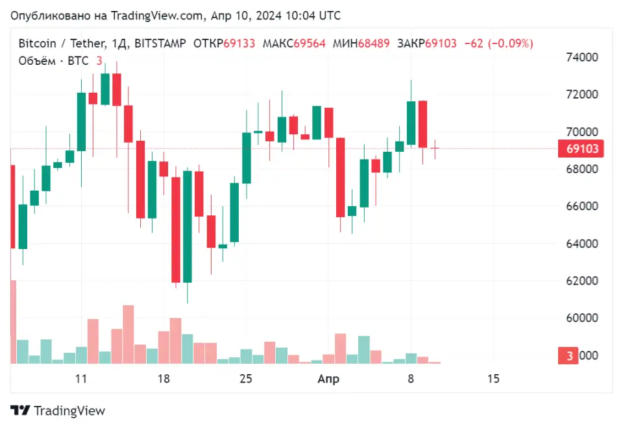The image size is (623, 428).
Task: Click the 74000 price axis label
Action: coord(580,57)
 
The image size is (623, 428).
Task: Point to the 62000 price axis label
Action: coord(580,281)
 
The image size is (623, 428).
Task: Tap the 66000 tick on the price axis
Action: coord(580,206)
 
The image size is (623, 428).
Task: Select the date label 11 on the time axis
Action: coord(81,379)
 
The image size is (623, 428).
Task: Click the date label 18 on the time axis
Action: coord(164,379)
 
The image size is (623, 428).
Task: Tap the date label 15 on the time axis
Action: coord(493,379)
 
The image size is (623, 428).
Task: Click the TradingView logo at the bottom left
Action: coord(58,410)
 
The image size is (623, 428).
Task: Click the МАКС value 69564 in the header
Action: coord(310,43)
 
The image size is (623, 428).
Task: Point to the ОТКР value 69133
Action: coord(239,43)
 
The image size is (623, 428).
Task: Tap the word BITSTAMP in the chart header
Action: coord(158,43)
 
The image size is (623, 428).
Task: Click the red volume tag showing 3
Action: coord(569,355)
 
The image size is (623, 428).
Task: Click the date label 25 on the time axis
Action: coord(246,379)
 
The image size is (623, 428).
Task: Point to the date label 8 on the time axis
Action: coord(411,379)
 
